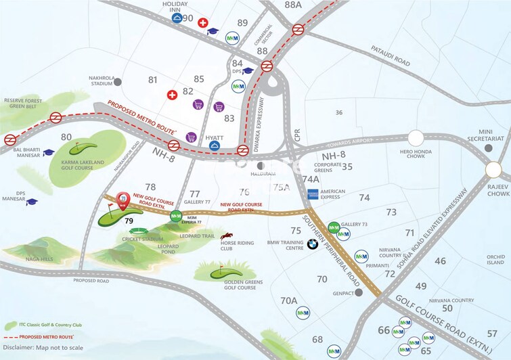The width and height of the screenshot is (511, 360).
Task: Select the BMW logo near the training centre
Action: [312, 244]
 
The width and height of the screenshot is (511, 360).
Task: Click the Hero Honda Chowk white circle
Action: [415, 137]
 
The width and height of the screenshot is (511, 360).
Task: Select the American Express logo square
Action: [313, 194]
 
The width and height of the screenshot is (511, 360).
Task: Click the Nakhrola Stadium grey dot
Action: [118, 82]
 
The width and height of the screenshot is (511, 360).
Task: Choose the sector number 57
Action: [492, 333]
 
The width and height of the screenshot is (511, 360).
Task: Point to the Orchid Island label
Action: [495, 260]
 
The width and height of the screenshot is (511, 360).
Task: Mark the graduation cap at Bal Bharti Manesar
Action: [48, 153]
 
